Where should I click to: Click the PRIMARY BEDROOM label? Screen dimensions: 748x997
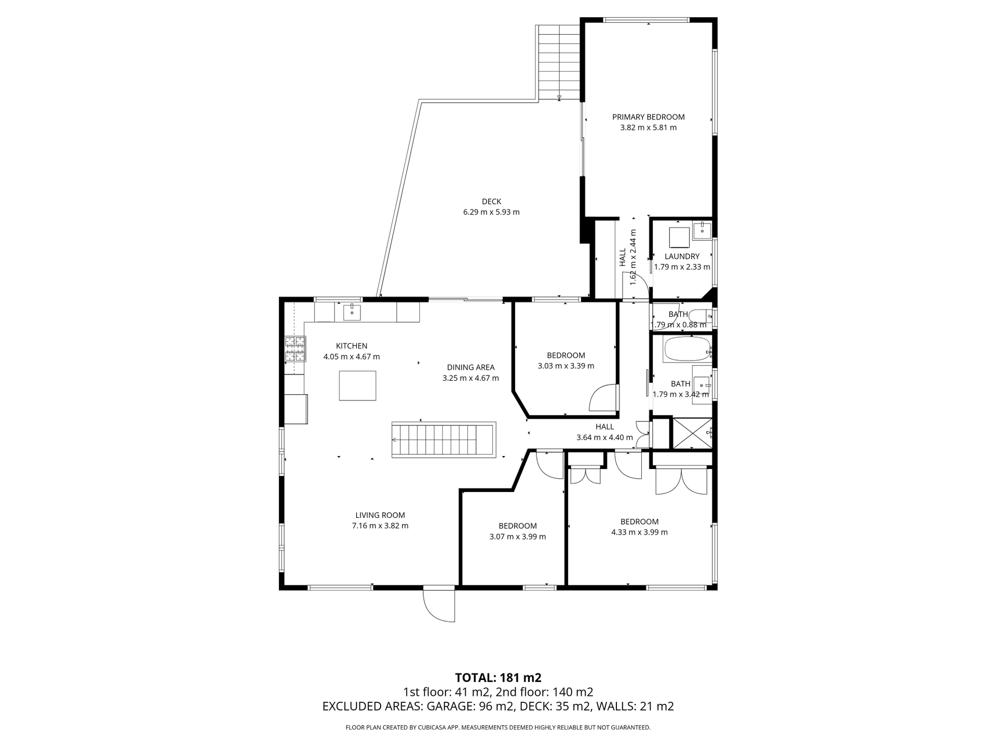pos(648,117)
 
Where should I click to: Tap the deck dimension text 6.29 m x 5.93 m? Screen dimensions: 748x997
pos(491,212)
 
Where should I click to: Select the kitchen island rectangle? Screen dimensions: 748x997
pos(357,385)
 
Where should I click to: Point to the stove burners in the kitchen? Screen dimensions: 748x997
pos(294,349)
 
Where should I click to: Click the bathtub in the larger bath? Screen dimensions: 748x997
pos(686,350)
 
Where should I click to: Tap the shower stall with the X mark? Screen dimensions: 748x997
pos(692,433)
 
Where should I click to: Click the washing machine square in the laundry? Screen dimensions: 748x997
pos(679,237)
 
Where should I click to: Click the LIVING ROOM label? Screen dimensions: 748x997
pos(380,515)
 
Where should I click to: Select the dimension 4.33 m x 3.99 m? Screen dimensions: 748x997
pos(639,532)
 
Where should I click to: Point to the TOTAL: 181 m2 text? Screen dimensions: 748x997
pos(498,677)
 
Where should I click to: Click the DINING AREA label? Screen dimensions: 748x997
pos(470,367)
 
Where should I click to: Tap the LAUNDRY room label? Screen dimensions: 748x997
pos(682,256)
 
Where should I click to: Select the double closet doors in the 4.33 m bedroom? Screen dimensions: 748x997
pos(681,480)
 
